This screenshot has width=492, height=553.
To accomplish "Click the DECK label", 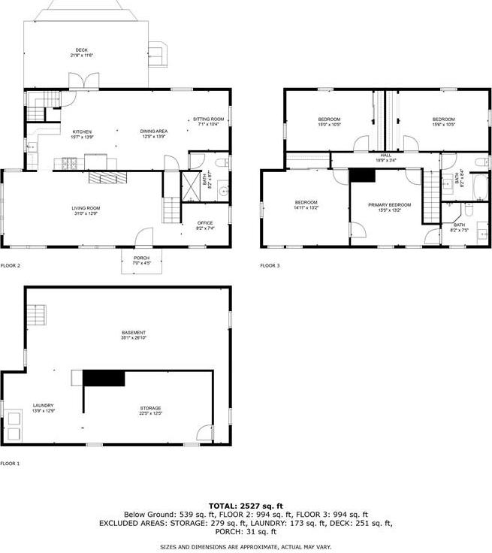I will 81,50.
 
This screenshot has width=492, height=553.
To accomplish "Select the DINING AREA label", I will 154,131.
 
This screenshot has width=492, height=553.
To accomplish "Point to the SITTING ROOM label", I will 209,119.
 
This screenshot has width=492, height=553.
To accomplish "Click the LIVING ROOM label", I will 86,208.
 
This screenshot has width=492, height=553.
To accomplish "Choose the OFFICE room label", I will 205,223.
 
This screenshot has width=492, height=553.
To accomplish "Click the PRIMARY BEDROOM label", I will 389,204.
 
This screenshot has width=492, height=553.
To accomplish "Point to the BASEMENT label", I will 134,333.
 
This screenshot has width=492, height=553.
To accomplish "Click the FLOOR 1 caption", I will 11,464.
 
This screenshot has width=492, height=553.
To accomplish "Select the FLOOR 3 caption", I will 270,266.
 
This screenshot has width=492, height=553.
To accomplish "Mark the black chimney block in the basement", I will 103,378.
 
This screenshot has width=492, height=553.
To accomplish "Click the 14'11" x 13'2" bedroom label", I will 306,204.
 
